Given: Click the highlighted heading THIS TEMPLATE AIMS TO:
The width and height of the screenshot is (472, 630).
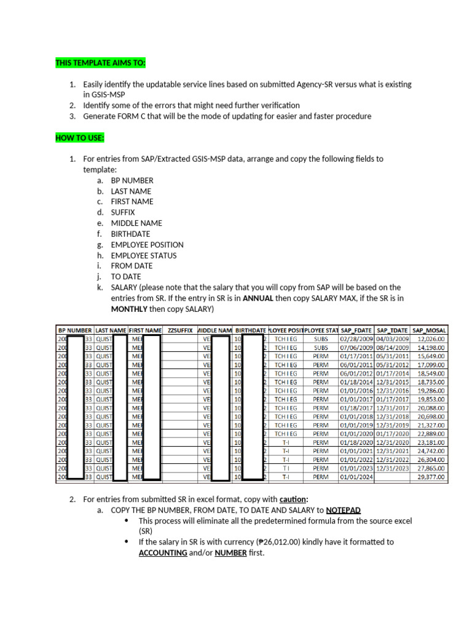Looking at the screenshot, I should pyautogui.click(x=101, y=63).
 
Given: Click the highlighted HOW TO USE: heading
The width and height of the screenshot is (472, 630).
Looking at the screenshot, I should pyautogui.click(x=80, y=137).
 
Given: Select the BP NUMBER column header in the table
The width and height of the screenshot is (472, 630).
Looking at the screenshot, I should pyautogui.click(x=74, y=330).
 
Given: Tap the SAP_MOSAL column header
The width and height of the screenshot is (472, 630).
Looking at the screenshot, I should pyautogui.click(x=430, y=330).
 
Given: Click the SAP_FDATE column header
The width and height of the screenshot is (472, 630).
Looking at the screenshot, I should pyautogui.click(x=356, y=330).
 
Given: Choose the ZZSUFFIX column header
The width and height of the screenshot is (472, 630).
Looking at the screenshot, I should pyautogui.click(x=180, y=330).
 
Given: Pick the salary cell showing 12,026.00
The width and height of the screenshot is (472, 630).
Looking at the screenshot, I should pyautogui.click(x=431, y=338).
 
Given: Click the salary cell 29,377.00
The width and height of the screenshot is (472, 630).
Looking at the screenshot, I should pyautogui.click(x=431, y=476).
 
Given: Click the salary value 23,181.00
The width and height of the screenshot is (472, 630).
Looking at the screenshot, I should pyautogui.click(x=431, y=442).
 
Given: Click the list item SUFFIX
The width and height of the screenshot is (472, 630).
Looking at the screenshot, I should pyautogui.click(x=123, y=212).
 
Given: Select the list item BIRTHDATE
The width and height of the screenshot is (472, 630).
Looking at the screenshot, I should pyautogui.click(x=130, y=234).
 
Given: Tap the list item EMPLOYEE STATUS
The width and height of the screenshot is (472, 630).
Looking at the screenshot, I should pyautogui.click(x=144, y=255).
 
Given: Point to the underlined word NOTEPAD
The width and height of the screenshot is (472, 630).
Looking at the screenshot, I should pyautogui.click(x=344, y=510).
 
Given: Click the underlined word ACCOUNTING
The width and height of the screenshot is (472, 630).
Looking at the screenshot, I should pyautogui.click(x=163, y=552).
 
